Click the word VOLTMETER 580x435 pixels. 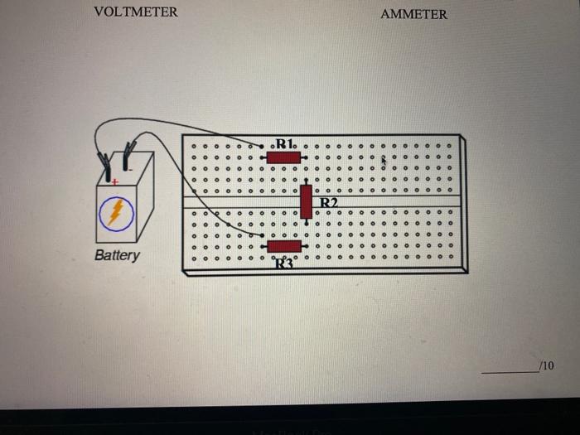(x=135, y=12)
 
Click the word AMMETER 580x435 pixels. (x=413, y=14)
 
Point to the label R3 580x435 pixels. (x=283, y=263)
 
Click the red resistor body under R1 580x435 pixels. (x=283, y=157)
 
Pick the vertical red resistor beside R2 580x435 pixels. (x=307, y=201)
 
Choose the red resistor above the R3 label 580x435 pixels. (x=283, y=246)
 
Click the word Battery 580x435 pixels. (x=117, y=255)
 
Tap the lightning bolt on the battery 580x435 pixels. (x=117, y=213)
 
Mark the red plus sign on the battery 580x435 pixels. (x=115, y=181)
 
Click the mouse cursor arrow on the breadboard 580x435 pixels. (x=384, y=162)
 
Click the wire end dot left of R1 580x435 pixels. (x=262, y=147)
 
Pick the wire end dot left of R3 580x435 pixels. (x=262, y=234)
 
